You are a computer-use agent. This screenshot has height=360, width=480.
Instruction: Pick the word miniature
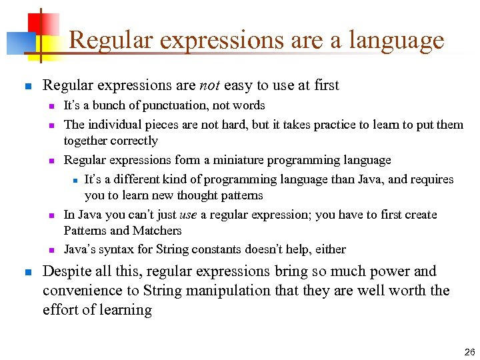coord(223,160)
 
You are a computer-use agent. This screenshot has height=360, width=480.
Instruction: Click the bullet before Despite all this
coord(27,272)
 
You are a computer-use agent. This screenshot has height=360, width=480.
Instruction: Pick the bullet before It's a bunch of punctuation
coord(51,106)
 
